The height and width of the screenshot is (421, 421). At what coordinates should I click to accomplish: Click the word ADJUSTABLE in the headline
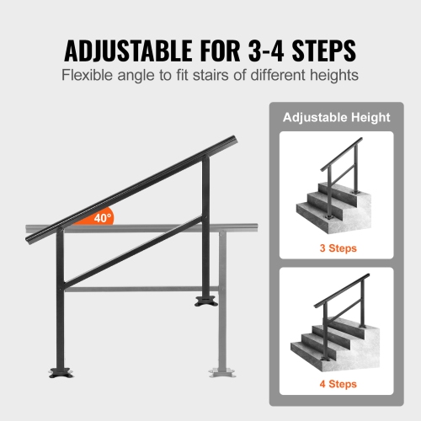pyautogui.click(x=121, y=51)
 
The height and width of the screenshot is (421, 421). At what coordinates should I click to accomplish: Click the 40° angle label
pyautogui.click(x=102, y=218)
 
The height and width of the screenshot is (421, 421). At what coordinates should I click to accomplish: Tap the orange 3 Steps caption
pyautogui.click(x=330, y=248)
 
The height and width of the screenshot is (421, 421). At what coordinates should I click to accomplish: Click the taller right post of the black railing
pyautogui.click(x=205, y=227)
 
